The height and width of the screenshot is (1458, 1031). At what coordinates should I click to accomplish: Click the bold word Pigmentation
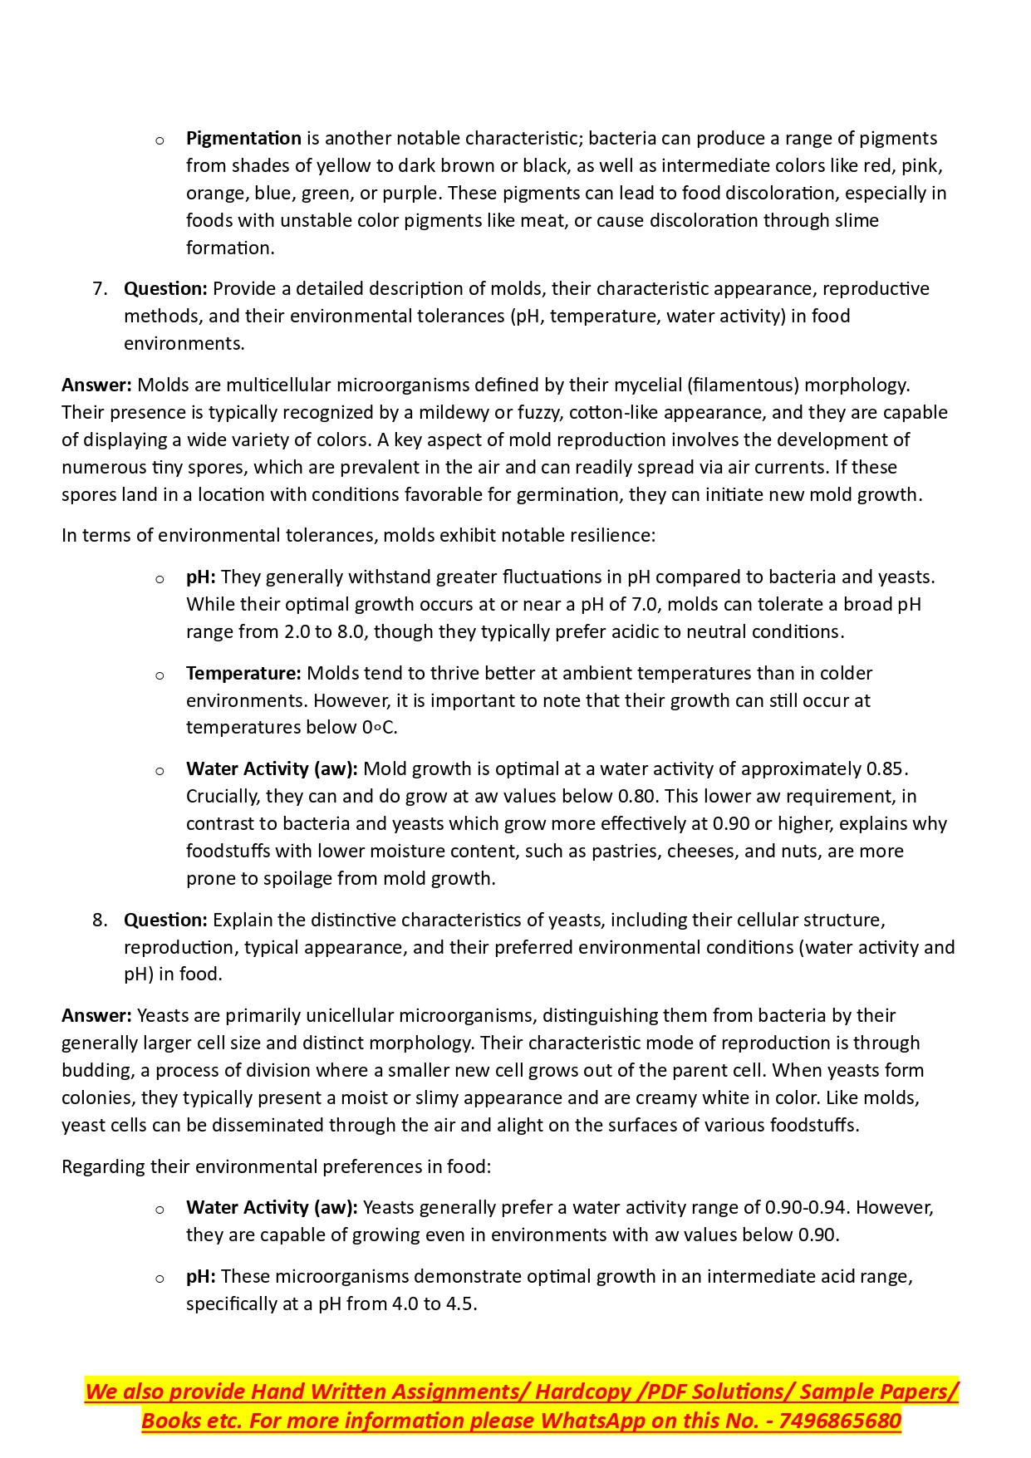coord(243,138)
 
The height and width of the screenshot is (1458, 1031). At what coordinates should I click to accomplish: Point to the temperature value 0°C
coord(379,728)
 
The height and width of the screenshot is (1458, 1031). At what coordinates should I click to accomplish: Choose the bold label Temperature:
coord(243,673)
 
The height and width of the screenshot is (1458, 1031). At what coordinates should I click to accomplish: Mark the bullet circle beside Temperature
coord(160,675)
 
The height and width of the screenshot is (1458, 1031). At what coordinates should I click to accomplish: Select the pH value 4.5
coord(460,1303)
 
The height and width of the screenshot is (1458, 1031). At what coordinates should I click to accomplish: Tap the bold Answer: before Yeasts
coord(96,1015)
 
